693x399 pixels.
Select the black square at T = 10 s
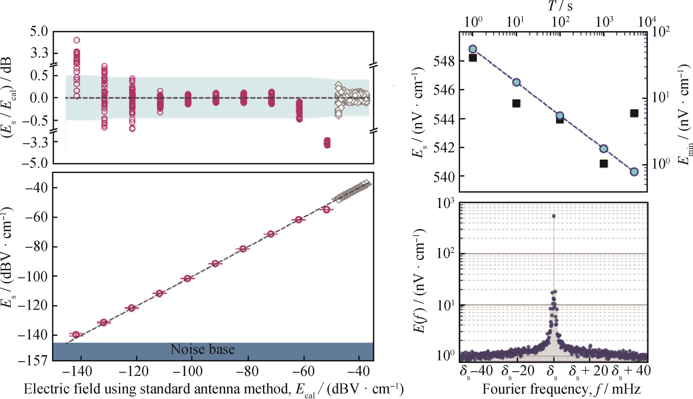[516, 103]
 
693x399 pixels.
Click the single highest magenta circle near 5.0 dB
[77, 40]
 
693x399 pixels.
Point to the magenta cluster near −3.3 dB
[327, 143]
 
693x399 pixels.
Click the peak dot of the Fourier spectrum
[554, 216]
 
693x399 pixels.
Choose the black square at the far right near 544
[634, 113]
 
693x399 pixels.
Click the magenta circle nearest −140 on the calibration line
[76, 334]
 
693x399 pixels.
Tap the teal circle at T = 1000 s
[604, 149]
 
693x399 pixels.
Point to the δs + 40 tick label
[631, 372]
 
